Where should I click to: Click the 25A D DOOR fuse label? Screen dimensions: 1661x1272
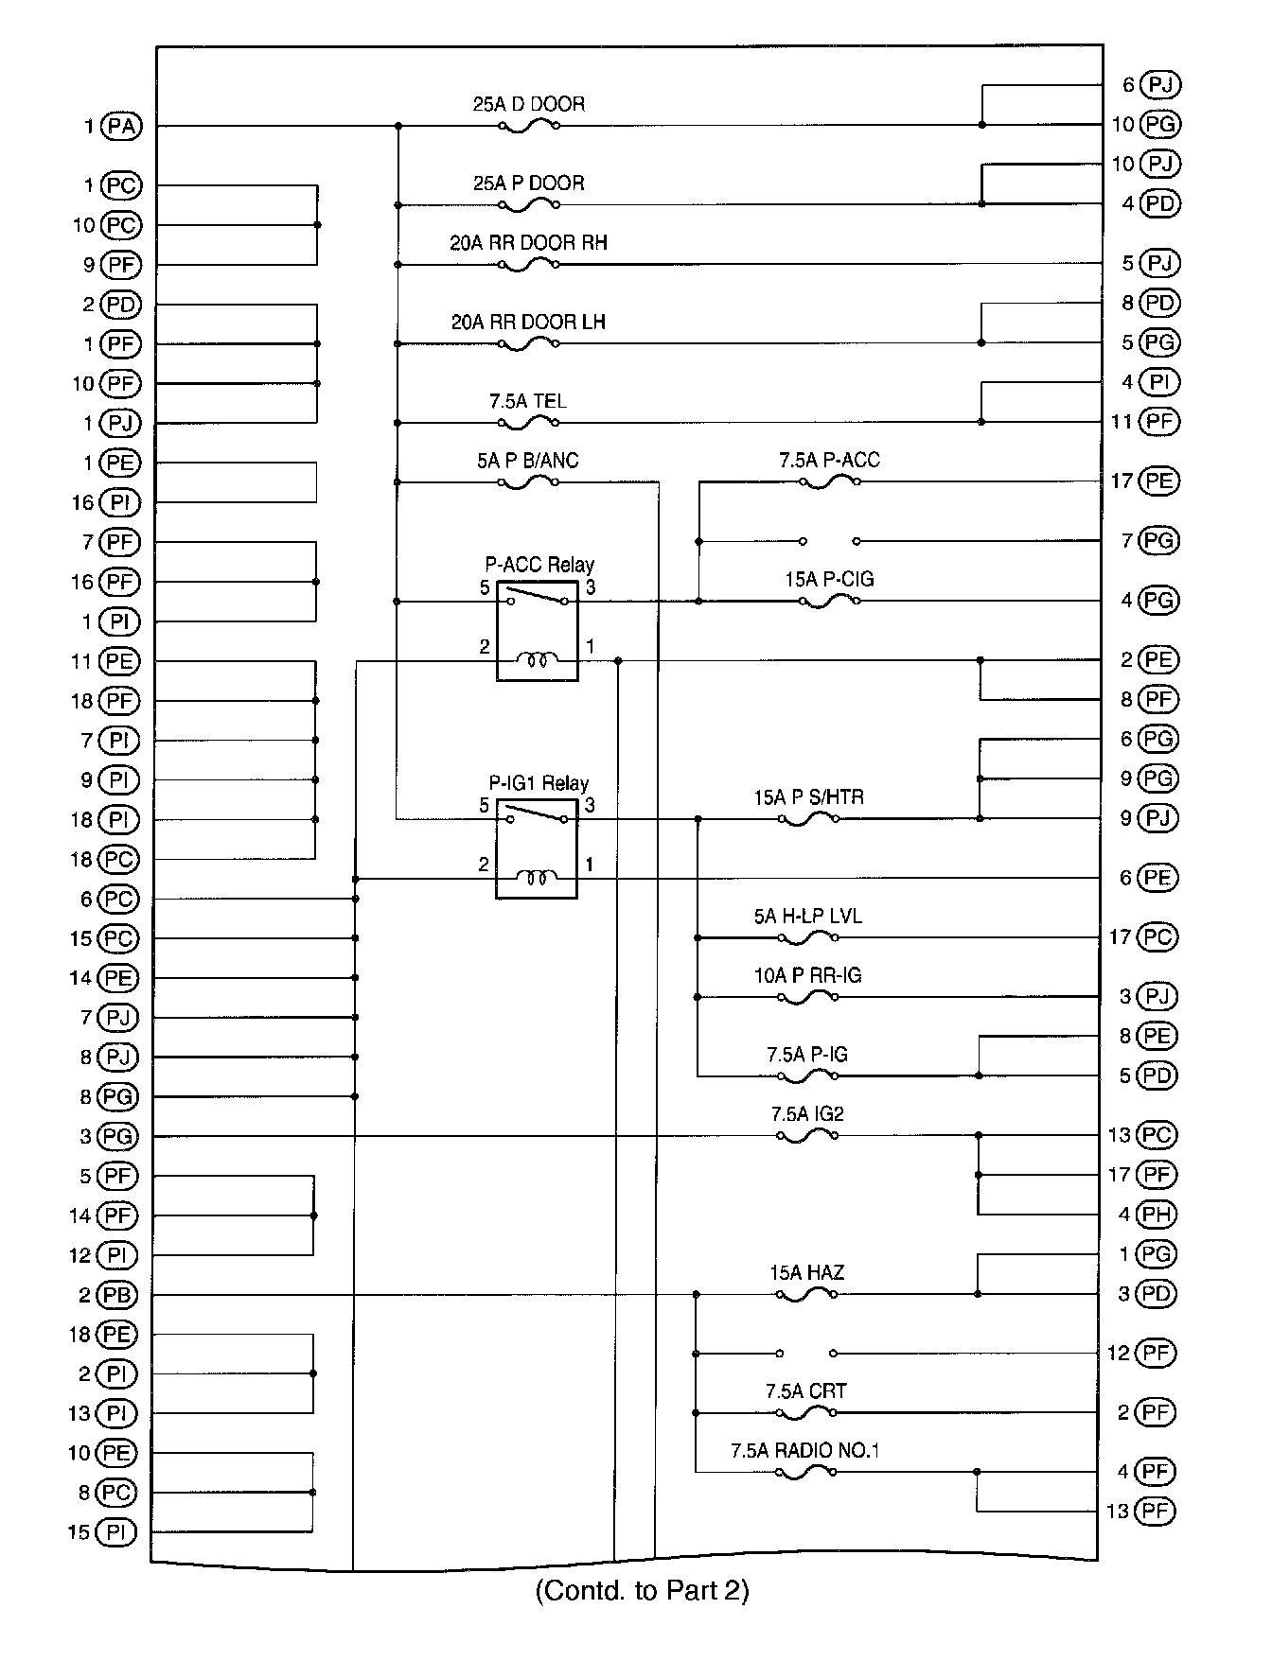point(528,104)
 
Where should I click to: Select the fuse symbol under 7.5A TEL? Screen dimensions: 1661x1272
point(528,423)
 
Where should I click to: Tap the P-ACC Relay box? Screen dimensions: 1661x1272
point(537,631)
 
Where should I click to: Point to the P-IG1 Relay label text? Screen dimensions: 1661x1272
point(539,783)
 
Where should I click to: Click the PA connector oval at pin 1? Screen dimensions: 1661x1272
point(121,126)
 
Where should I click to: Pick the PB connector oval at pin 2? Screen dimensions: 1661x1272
point(117,1295)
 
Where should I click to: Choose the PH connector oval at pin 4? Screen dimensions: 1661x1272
point(1157,1215)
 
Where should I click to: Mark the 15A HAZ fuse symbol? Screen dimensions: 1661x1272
point(806,1295)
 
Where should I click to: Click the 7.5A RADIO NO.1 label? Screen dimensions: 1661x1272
point(804,1451)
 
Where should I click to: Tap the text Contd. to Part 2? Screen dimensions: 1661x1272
point(642,1591)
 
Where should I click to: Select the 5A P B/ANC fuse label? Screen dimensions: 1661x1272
point(527,461)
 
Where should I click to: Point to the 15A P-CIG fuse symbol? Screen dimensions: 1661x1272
point(830,602)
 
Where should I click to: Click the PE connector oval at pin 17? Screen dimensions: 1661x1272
point(1158,481)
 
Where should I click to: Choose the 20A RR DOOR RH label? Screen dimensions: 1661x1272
point(528,243)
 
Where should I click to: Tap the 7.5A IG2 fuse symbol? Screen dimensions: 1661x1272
point(806,1136)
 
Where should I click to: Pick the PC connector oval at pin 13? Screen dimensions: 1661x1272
point(1157,1135)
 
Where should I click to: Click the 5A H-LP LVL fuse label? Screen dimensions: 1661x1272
point(807,917)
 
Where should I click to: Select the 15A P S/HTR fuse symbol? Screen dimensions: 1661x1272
point(808,819)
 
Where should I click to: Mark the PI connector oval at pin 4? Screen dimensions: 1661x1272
point(1159,383)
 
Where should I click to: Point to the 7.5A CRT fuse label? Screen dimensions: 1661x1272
point(805,1391)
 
